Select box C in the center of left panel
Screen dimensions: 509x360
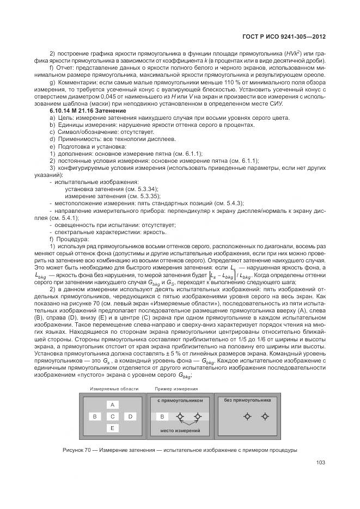(112, 416)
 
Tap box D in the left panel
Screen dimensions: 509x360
(130, 416)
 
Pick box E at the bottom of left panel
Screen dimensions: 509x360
(112, 428)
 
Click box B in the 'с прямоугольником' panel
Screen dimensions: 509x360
(162, 417)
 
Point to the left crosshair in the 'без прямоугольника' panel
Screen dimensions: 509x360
(247, 416)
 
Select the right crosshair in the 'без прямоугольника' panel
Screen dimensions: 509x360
(265, 416)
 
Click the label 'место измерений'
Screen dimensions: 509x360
(180, 431)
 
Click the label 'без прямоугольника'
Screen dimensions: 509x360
(247, 400)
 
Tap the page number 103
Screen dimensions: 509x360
(320, 463)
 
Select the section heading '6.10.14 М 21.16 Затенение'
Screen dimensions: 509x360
(88, 111)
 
